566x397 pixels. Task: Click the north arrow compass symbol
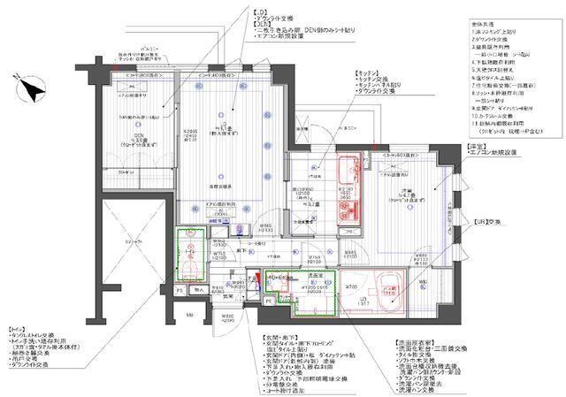34,88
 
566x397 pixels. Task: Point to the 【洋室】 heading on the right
478,147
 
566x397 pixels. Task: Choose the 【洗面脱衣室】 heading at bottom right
417,341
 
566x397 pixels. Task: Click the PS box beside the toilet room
180,289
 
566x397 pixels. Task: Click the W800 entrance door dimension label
227,315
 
